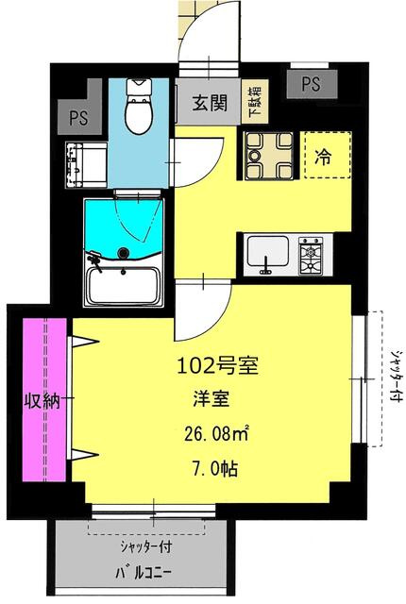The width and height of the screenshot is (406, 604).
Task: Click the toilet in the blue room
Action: [139, 106]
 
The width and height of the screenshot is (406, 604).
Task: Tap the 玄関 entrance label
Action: [210, 103]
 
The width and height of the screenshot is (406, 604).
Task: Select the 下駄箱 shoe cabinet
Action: [255, 101]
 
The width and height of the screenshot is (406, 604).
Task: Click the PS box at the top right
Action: [312, 84]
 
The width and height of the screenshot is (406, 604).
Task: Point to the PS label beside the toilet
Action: [78, 117]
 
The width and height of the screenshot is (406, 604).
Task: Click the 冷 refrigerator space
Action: [327, 155]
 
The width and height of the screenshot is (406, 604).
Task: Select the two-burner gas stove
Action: [311, 255]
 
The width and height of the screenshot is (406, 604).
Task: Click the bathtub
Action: [124, 286]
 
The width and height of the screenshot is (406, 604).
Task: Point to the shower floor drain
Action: [124, 253]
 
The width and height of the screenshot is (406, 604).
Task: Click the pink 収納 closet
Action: [44, 399]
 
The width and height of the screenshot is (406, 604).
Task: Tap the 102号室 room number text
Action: [217, 366]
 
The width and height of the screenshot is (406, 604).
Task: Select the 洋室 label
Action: [211, 399]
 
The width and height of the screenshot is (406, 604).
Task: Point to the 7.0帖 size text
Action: [214, 468]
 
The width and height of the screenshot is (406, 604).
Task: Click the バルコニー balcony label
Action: [144, 573]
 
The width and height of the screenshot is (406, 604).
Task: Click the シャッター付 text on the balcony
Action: [146, 547]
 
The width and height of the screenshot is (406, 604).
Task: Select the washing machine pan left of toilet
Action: [86, 165]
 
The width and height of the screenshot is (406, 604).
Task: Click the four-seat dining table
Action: [269, 155]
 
